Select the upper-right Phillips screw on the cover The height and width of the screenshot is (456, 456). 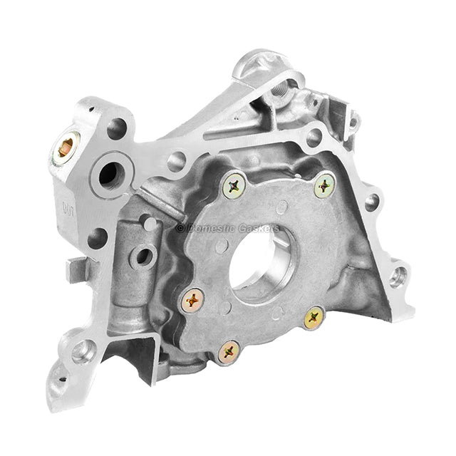[325, 186]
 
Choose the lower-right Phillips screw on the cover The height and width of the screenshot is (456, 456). [313, 318]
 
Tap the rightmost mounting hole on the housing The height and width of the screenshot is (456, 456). [398, 276]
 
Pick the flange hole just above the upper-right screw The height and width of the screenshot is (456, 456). [313, 138]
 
